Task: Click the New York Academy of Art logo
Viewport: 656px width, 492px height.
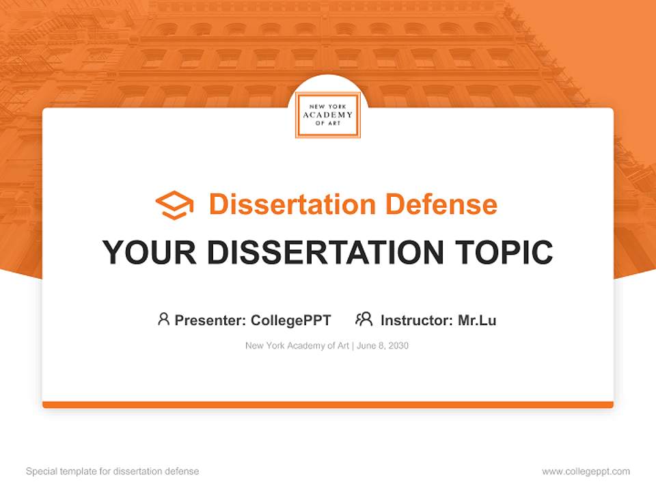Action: [328, 115]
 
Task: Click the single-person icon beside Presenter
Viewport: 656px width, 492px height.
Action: [163, 319]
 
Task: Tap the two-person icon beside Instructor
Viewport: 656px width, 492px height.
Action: [364, 319]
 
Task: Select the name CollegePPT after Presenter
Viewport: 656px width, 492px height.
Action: [290, 320]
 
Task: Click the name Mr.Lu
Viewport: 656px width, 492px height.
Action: [477, 320]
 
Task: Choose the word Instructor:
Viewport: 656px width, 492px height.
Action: [416, 320]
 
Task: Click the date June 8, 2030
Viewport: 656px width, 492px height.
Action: [383, 346]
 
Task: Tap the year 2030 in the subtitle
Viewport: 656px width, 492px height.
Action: [398, 346]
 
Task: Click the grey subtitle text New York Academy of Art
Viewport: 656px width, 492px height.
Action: [297, 346]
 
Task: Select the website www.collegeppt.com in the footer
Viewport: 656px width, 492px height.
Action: [586, 471]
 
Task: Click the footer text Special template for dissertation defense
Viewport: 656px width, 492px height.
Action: [113, 471]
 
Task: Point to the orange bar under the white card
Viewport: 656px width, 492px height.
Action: [328, 405]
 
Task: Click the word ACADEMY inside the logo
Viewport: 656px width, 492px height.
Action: [328, 115]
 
